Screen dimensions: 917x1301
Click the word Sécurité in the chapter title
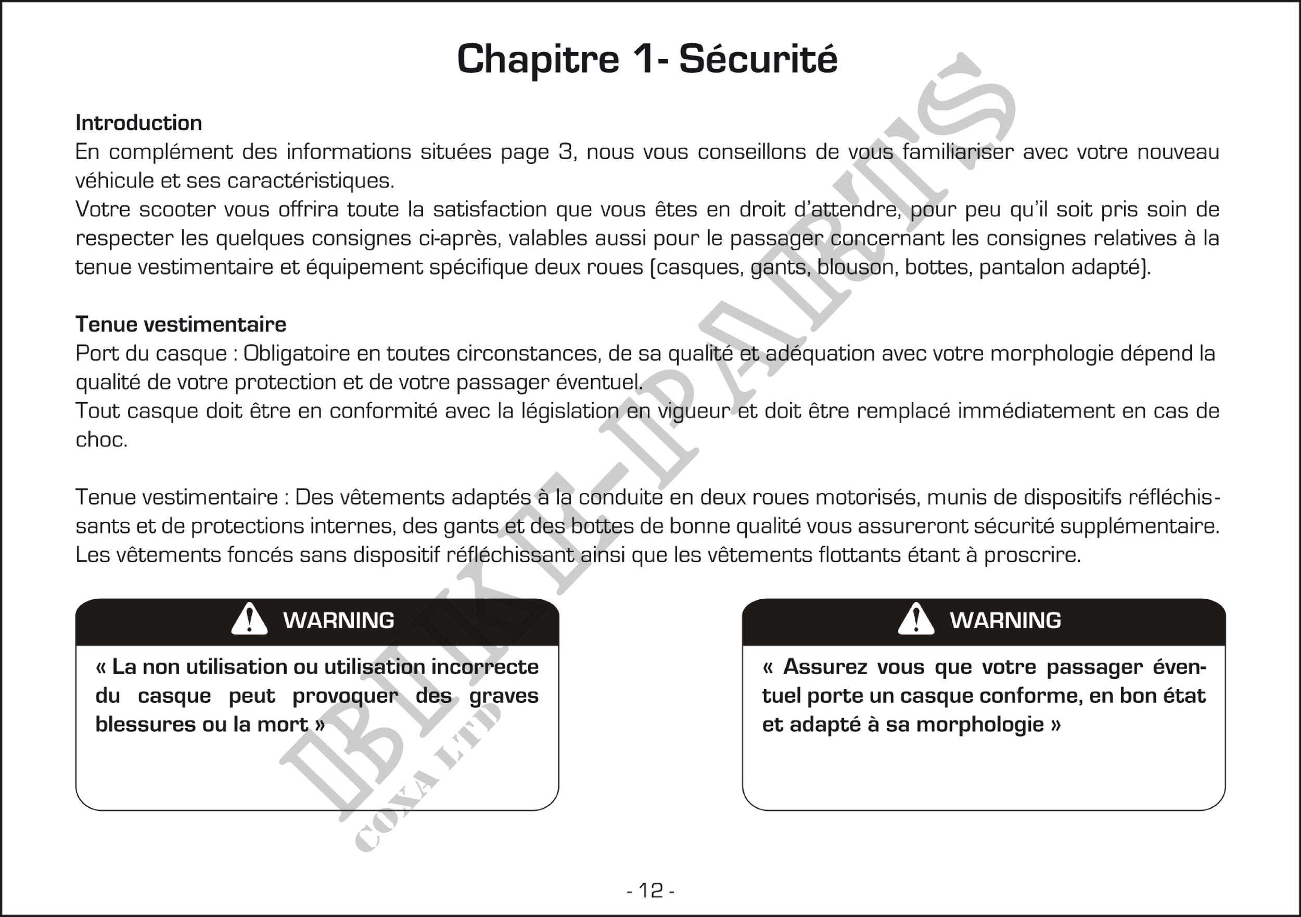coord(758,59)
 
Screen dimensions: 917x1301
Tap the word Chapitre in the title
coord(538,59)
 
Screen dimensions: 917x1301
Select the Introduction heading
coord(139,123)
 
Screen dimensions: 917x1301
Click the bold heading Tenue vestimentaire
coord(181,325)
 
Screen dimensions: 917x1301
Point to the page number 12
coord(650,891)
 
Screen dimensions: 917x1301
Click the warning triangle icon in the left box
coord(249,619)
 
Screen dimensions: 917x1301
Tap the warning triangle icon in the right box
coord(916,619)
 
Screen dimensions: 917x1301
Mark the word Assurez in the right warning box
coord(825,667)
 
